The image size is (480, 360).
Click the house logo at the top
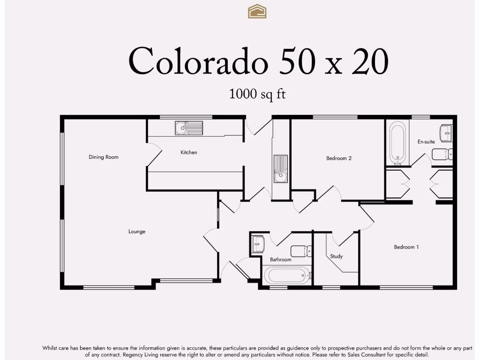(257, 11)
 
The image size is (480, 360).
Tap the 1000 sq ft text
(257, 94)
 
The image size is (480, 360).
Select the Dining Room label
(104, 157)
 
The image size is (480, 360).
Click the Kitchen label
(189, 152)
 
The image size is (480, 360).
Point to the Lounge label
(137, 232)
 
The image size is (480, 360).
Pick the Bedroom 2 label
(339, 158)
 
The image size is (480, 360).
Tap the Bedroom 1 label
(406, 247)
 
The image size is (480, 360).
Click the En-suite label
(426, 142)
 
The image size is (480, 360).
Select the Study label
(336, 256)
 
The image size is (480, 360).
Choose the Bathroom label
(281, 260)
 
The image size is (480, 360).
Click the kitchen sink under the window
(189, 127)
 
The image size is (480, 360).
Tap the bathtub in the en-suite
(398, 142)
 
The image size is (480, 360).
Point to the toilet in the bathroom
(301, 251)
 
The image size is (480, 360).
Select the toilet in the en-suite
(442, 154)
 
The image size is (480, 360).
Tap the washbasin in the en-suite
(446, 133)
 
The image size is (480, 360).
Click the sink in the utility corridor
(280, 169)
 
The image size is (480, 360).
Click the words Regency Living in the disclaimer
(140, 355)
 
